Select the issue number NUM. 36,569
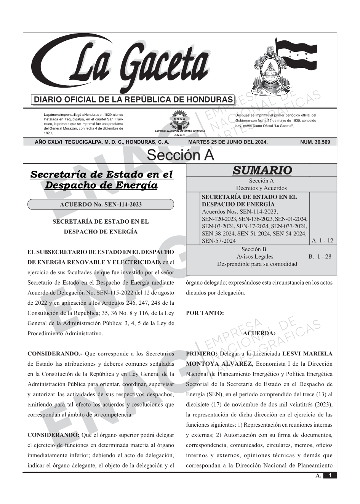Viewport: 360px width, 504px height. coord(315,142)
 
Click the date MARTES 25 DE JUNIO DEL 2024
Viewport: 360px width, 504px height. coord(228,142)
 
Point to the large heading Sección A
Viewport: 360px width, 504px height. coord(180,155)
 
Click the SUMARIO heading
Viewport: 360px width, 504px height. coord(262,170)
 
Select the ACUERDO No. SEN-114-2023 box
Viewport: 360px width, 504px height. coord(101,205)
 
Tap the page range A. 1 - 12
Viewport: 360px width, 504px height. coord(322,240)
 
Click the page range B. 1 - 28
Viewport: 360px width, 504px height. coord(320,256)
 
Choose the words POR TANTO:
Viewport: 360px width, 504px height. coord(205,313)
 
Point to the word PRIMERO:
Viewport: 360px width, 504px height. coord(202,354)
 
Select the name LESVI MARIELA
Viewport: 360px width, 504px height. coord(308,354)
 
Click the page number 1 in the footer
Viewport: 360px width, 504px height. coord(330,475)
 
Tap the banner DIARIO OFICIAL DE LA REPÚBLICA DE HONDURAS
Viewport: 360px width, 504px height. coord(133,100)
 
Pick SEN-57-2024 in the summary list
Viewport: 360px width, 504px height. coord(219,241)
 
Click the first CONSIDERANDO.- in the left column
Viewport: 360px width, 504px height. coord(52,354)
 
